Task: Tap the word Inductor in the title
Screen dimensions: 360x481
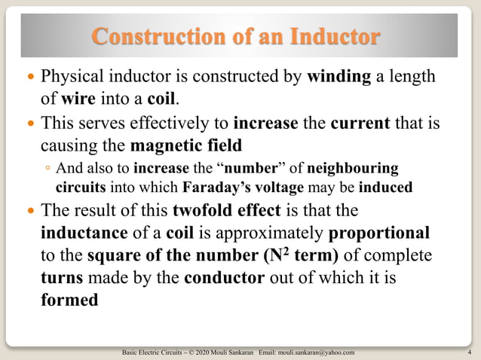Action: [x=332, y=35]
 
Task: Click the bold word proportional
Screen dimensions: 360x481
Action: [x=380, y=233]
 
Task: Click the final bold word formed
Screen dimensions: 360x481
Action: [x=69, y=300]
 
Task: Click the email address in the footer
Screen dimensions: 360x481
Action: [x=317, y=352]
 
